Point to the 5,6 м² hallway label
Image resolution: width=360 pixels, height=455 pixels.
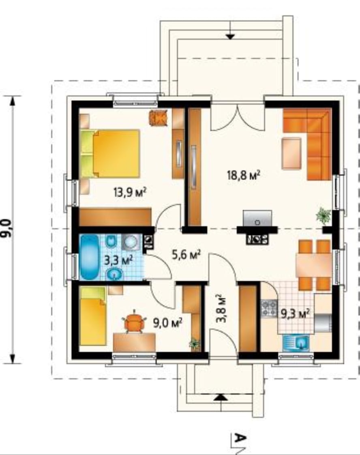[186, 255]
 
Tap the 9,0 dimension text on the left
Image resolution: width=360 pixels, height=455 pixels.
[7, 228]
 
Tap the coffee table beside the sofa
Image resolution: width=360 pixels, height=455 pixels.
[291, 154]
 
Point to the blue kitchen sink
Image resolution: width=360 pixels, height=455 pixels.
[296, 343]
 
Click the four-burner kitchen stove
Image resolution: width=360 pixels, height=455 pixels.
[269, 309]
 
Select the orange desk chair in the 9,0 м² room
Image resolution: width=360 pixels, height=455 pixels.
[134, 322]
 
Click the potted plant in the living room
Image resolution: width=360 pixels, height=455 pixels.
[324, 216]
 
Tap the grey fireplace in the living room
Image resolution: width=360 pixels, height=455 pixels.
[257, 218]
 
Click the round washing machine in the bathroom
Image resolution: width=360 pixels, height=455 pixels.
[131, 242]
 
